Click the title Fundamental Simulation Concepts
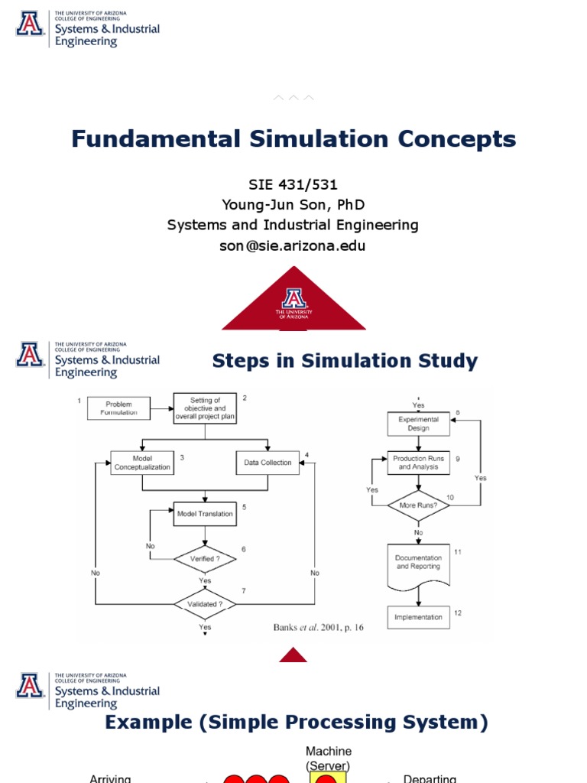click(293, 139)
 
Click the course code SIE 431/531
click(293, 185)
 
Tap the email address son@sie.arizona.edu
click(293, 245)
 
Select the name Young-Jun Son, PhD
click(293, 205)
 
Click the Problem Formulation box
click(118, 408)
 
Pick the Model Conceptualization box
click(142, 463)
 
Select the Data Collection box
click(268, 463)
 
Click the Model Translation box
click(205, 514)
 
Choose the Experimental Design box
click(418, 424)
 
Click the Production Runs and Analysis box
click(418, 463)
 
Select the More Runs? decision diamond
click(418, 505)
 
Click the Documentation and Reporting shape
click(418, 564)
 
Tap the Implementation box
click(418, 617)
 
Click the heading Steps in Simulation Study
click(345, 361)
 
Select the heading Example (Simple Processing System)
click(297, 722)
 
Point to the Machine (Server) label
click(329, 759)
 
